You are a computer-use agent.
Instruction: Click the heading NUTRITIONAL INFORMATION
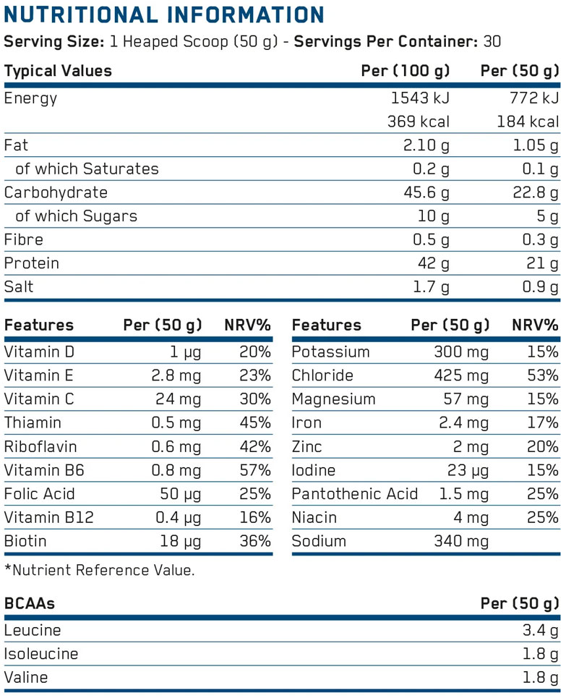pyautogui.click(x=164, y=14)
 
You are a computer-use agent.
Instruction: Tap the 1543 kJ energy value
pyautogui.click(x=419, y=98)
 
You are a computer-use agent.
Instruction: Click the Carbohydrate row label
pyautogui.click(x=56, y=192)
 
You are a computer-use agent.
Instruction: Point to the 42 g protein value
pyautogui.click(x=432, y=263)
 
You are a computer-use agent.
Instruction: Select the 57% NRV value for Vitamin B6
pyautogui.click(x=256, y=471)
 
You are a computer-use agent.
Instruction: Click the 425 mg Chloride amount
pyautogui.click(x=462, y=376)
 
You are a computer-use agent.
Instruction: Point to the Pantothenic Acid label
pyautogui.click(x=355, y=494)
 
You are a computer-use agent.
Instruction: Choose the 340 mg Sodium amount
pyautogui.click(x=461, y=542)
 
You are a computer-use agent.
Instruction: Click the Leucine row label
pyautogui.click(x=33, y=631)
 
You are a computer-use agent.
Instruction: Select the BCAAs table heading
pyautogui.click(x=30, y=603)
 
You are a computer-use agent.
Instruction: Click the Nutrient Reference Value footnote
pyautogui.click(x=100, y=570)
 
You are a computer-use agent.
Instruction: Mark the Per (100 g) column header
pyautogui.click(x=405, y=71)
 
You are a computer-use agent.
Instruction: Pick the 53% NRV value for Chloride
pyautogui.click(x=543, y=376)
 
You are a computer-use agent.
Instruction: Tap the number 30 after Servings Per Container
pyautogui.click(x=492, y=41)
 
